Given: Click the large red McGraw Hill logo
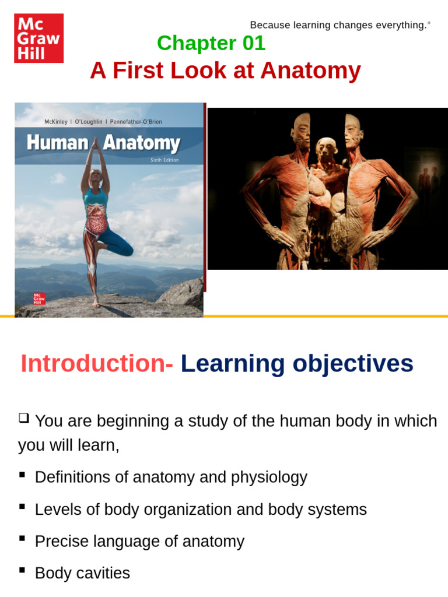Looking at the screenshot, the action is coord(39,38).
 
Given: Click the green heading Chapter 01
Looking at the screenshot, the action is coord(211,43).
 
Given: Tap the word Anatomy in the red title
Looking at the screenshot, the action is coord(310,71).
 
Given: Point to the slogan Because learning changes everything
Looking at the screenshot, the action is coord(340,25).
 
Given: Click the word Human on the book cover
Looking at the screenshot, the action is coord(58,143).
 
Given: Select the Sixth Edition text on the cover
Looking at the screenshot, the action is coord(164,160).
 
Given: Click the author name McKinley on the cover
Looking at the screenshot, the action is coord(55,122).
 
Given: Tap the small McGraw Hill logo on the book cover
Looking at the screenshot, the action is coord(39,298).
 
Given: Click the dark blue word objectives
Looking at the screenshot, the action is coord(353,364).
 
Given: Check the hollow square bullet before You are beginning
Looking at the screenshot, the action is coord(23,418).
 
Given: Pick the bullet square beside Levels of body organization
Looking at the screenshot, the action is coord(22,507).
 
